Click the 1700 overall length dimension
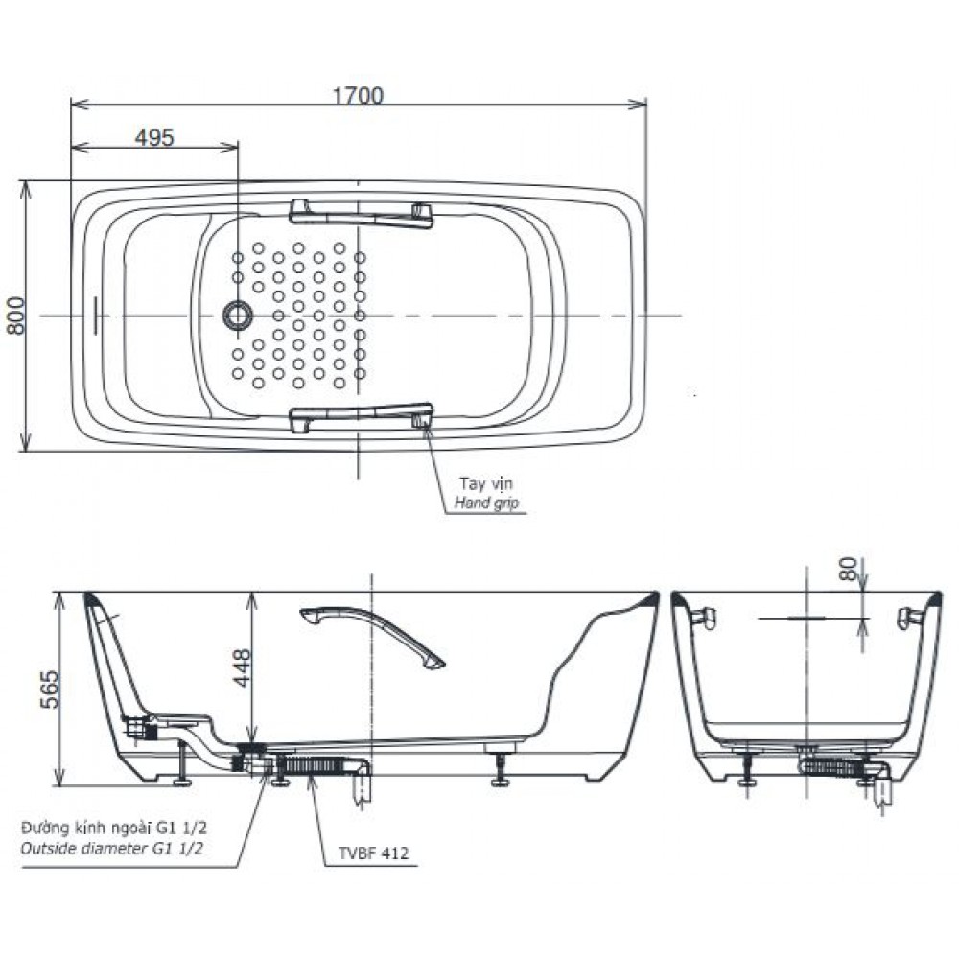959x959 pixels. pos(358,95)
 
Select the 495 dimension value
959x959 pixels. pos(154,137)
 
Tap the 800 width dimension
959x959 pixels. pos(15,316)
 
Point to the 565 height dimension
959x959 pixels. pos(50,690)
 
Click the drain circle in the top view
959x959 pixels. pos(237,316)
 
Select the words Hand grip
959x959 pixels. pos(486,503)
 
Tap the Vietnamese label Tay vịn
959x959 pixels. pos(486,483)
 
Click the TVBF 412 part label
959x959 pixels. pos(373,853)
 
